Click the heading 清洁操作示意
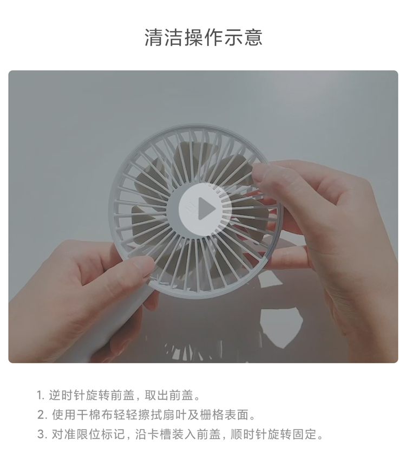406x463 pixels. (204, 37)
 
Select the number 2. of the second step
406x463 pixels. (42, 415)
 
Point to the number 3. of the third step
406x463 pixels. (42, 434)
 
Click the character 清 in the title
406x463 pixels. (154, 37)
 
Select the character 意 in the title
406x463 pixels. (253, 37)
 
